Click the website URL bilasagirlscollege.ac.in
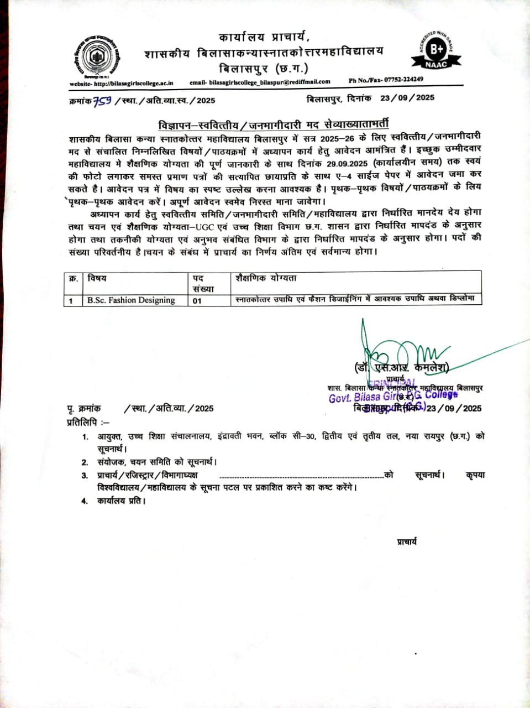[121, 83]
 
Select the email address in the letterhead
[260, 82]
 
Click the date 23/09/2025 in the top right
[407, 98]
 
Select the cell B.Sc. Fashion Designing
[130, 300]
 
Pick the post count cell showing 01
[197, 301]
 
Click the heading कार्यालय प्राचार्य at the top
[264, 38]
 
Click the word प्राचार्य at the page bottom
[407, 542]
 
